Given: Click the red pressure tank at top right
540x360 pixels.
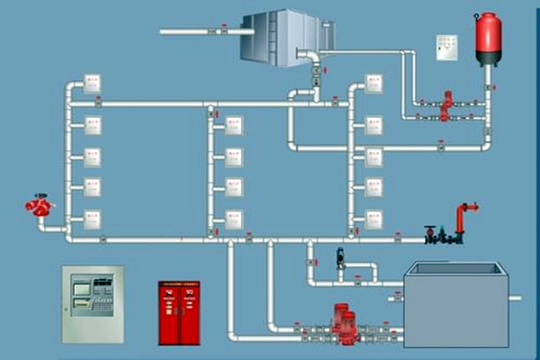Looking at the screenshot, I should coord(489,38).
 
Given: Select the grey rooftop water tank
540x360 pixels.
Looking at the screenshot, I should coord(280,37).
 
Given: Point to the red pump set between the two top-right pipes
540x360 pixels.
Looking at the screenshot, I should coord(445,105).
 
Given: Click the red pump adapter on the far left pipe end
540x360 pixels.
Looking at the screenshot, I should coord(39,206).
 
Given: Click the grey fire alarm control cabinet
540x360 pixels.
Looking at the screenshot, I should coord(93,303).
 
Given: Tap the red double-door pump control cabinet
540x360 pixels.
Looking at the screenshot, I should coord(178,312).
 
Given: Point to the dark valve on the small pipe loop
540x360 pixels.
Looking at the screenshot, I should coord(341,258).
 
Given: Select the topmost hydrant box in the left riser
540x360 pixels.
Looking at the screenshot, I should coord(93,85).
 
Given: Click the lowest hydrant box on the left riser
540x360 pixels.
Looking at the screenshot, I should coord(93,219).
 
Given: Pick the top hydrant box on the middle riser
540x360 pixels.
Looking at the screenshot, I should coord(234,125).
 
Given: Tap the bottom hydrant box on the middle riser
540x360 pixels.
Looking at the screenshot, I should coord(234,219).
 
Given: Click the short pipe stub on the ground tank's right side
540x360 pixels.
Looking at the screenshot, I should coord(516,298).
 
